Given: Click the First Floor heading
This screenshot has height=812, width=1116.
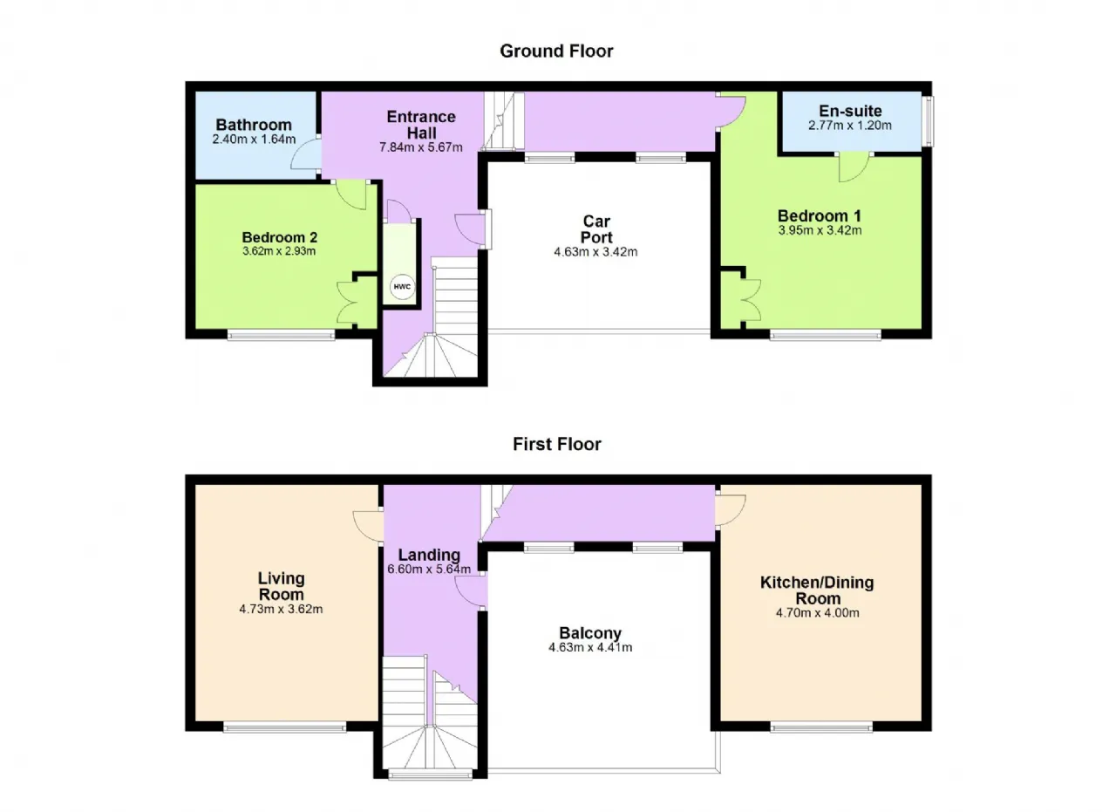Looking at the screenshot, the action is tap(557, 444).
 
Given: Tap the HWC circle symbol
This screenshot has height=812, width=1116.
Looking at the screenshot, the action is tap(402, 287).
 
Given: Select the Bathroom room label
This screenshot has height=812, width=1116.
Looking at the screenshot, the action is tap(254, 125).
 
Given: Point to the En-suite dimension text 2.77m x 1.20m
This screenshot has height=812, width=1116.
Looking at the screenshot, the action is tap(850, 126).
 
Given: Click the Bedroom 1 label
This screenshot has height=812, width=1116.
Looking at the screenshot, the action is tap(820, 215).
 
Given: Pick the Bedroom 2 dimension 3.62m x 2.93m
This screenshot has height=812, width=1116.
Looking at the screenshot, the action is tap(279, 251).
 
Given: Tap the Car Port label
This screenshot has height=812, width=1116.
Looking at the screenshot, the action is tap(596, 229).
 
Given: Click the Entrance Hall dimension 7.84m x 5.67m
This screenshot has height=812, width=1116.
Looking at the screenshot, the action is tap(421, 147).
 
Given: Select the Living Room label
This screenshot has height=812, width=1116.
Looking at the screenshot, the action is tap(282, 586).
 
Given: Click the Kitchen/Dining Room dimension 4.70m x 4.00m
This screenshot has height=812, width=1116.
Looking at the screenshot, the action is tap(818, 613).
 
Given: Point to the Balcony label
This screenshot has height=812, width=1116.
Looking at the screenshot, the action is tap(590, 633).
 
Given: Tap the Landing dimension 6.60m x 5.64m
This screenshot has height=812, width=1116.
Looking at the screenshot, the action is tap(429, 569).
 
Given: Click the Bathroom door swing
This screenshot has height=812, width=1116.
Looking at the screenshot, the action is tap(305, 154).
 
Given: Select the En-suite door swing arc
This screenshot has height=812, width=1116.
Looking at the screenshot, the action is tap(854, 167).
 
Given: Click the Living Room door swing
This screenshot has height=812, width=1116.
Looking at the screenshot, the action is tap(368, 525).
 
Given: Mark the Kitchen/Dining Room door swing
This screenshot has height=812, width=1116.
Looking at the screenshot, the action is tap(731, 510).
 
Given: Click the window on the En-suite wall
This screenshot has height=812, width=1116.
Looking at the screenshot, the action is tap(928, 121).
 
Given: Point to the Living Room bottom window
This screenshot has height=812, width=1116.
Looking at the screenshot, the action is tap(284, 728).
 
